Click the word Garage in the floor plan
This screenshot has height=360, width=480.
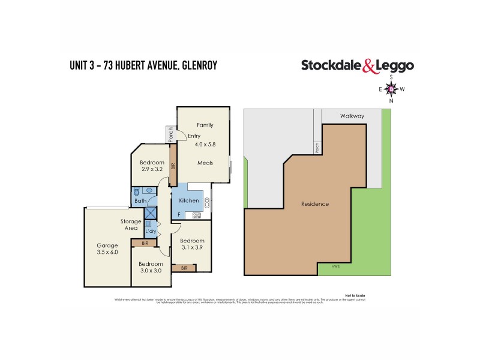click(108, 245)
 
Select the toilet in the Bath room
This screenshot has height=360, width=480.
click(137, 192)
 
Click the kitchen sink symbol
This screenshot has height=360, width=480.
click(208, 203)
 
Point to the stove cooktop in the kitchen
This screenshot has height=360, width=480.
click(195, 215)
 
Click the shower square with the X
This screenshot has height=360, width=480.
click(150, 212)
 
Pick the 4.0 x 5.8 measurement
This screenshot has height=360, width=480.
click(205, 144)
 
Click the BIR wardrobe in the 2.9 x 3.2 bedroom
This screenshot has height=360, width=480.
click(173, 166)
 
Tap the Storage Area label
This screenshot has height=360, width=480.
click(130, 224)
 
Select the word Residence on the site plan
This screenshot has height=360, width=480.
click(315, 204)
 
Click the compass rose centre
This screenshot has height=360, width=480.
click(391, 89)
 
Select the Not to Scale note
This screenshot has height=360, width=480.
click(355, 295)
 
